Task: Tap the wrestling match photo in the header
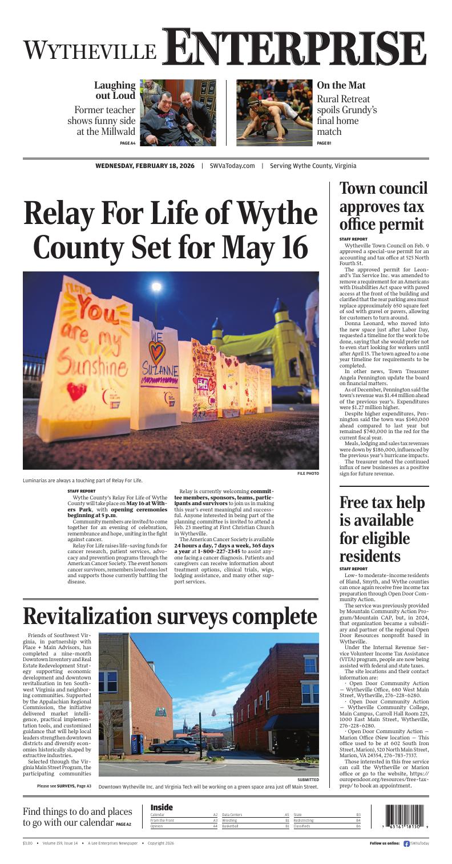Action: click(272, 112)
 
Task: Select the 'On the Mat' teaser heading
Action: click(341, 85)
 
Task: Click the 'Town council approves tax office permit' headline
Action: click(384, 206)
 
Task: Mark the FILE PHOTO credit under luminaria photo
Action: click(308, 473)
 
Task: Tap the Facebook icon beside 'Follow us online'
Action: click(406, 843)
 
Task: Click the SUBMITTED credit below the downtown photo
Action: click(308, 779)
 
